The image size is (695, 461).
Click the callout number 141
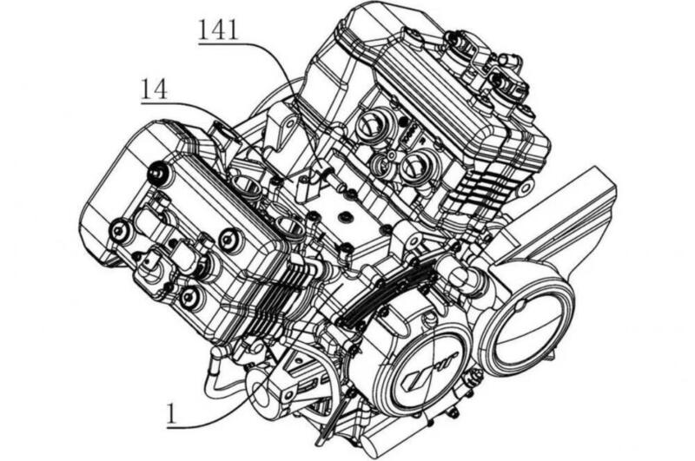pyautogui.click(x=218, y=31)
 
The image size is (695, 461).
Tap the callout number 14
pyautogui.click(x=155, y=89)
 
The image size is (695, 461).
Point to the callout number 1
pyautogui.click(x=171, y=414)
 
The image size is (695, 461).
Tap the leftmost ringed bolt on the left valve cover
pyautogui.click(x=119, y=229)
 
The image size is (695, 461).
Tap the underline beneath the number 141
pyautogui.click(x=218, y=44)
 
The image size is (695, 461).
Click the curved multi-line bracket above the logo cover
pyautogui.click(x=386, y=293)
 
